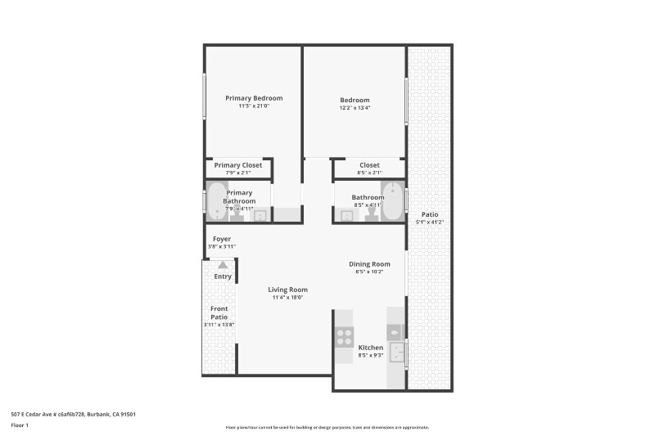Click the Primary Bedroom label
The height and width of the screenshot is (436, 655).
tap(254, 98)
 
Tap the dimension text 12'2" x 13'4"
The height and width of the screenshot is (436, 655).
tap(355, 108)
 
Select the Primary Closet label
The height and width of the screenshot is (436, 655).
tap(238, 165)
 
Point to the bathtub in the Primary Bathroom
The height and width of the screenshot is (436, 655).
tap(215, 202)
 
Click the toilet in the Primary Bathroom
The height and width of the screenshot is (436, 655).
tap(243, 214)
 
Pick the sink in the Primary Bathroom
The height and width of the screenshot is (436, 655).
tap(260, 216)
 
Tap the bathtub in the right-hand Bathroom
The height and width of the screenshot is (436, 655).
tap(394, 202)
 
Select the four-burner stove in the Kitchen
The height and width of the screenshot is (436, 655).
tap(344, 336)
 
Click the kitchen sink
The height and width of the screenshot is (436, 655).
tap(396, 353)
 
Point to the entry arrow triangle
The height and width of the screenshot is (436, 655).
tap(223, 264)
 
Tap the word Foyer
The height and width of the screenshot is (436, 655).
tap(222, 239)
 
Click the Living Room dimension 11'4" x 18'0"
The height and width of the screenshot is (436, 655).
tap(288, 298)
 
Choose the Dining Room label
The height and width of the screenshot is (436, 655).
tap(369, 263)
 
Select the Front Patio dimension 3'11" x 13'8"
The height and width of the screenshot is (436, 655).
tap(219, 325)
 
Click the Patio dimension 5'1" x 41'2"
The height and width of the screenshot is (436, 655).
tap(430, 222)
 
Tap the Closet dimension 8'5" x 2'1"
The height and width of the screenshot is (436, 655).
tap(368, 173)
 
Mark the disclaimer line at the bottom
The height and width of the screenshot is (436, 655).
tap(327, 427)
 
